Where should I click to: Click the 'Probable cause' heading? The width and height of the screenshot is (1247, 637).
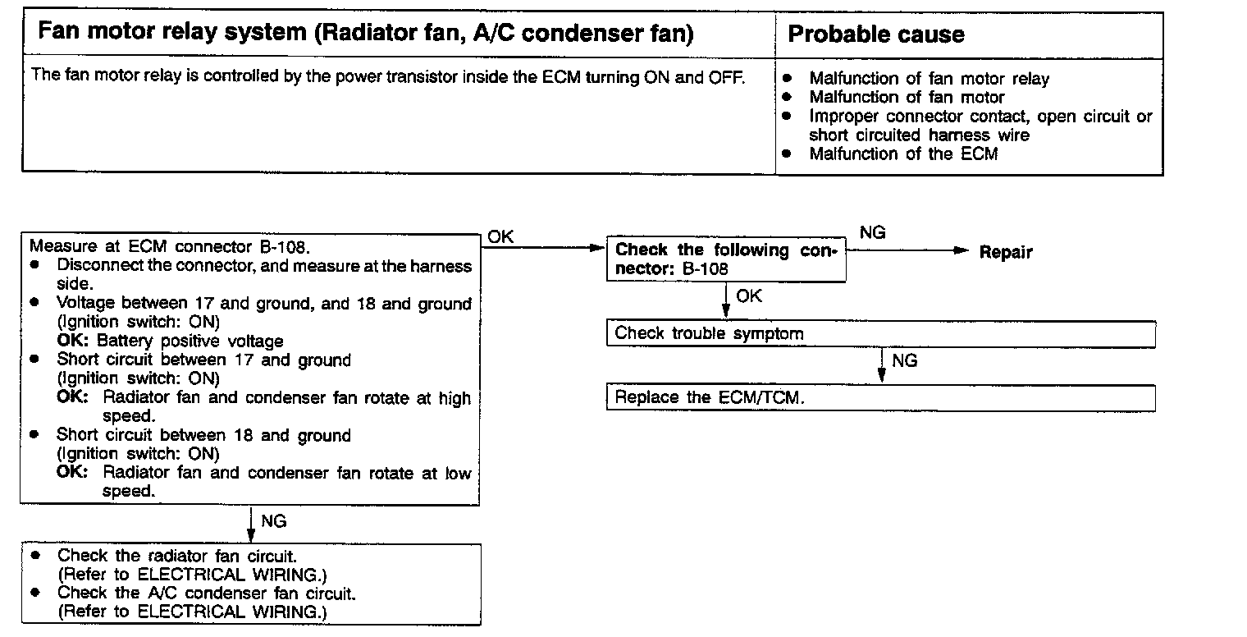[x=875, y=34]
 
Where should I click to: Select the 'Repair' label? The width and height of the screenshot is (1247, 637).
[x=1005, y=253]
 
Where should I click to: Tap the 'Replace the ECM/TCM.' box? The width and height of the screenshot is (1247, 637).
[x=880, y=398]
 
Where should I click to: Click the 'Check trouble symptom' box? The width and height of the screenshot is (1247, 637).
[x=880, y=334]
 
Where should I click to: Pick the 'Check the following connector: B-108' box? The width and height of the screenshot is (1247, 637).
[x=726, y=259]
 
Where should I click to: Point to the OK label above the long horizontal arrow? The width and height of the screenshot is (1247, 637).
[x=500, y=236]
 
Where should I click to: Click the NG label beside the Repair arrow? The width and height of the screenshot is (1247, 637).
[x=872, y=233]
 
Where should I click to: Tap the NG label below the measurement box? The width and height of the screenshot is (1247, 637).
[x=273, y=521]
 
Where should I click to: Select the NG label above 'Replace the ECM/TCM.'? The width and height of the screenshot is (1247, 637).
[x=904, y=361]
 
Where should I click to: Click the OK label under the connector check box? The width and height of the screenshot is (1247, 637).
[x=749, y=296]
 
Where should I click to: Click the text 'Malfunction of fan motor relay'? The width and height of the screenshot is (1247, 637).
[x=929, y=79]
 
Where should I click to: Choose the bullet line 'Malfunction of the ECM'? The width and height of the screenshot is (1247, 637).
[x=902, y=154]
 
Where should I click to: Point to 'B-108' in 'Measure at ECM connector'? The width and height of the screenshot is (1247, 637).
[x=288, y=246]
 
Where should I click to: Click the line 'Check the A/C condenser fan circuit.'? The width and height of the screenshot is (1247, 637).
[x=205, y=593]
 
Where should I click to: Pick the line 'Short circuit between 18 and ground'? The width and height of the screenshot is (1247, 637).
[x=203, y=435]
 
